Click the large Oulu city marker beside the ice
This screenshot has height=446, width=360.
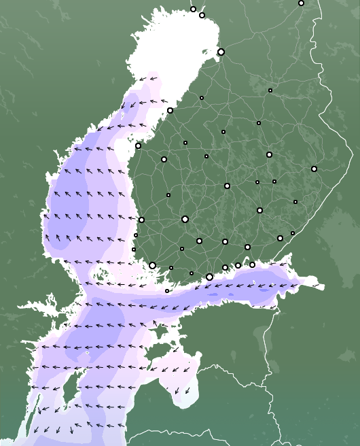coord(221,52)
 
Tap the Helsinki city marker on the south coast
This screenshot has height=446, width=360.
coord(209,277)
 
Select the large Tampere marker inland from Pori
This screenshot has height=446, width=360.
coord(185,219)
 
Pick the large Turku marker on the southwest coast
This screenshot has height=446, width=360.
coord(153,265)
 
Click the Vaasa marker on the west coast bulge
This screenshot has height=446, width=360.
coord(138,145)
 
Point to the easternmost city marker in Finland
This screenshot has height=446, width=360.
coord(314,169)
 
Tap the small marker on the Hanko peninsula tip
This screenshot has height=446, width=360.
coord(167,291)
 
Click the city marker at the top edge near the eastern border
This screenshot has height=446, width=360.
coord(301,3)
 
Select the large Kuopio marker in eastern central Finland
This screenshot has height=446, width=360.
coord(269,154)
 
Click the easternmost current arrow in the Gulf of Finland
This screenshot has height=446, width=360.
coord(316,286)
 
